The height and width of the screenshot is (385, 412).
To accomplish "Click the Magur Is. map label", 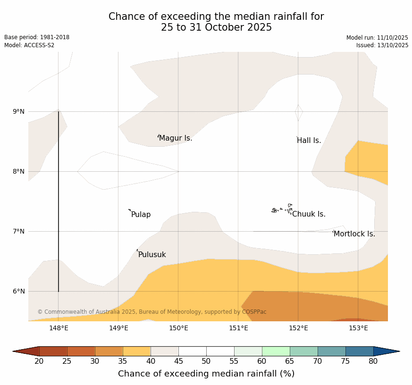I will click(x=176, y=138).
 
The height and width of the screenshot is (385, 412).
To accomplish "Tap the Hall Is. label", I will click(x=309, y=141).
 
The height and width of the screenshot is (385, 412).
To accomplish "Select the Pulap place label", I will click(x=141, y=215).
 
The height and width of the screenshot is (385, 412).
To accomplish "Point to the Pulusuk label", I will click(x=152, y=255).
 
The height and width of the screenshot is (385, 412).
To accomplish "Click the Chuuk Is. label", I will click(x=309, y=214).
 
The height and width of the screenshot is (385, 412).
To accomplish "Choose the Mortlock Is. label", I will click(x=354, y=234).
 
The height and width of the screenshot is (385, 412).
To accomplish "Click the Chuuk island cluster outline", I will click(x=282, y=209).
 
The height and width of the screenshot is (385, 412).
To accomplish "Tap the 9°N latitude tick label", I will click(x=19, y=112).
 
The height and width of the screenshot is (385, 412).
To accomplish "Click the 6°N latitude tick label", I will click(x=19, y=291).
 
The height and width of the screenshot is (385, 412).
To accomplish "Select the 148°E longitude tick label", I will click(x=59, y=328).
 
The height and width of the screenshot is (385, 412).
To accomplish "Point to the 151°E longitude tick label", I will click(x=238, y=328).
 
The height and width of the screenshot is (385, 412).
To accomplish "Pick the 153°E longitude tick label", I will click(x=358, y=328).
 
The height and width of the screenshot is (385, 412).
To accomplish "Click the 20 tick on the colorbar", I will click(x=39, y=361).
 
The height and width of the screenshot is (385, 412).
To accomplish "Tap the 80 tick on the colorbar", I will click(x=373, y=361).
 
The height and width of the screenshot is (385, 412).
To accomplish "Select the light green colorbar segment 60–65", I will click(x=276, y=351).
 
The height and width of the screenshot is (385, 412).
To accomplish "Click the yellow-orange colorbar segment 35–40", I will click(x=136, y=351).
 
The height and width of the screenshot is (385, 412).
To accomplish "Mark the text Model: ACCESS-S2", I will click(x=29, y=45).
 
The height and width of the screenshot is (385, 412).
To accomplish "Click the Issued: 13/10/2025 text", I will click(x=382, y=45).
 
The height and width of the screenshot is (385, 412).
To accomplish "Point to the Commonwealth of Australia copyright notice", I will click(x=152, y=312).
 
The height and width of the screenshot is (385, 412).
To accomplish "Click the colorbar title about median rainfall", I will click(x=206, y=374).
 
